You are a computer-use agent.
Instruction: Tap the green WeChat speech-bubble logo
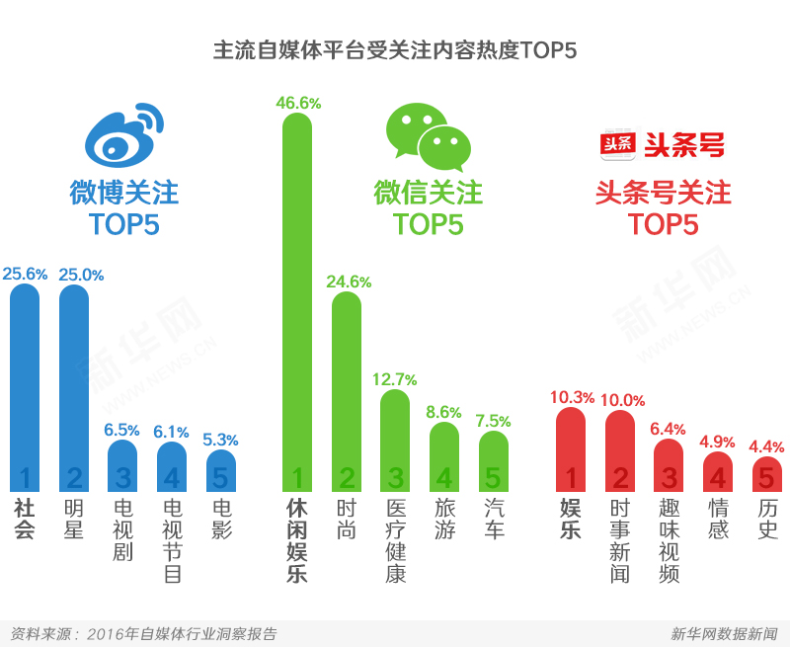coord(428,137)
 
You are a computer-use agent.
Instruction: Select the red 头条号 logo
coord(663,145)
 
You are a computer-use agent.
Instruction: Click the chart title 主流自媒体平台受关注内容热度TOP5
coord(395,50)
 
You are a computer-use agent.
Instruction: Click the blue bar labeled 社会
coord(25,385)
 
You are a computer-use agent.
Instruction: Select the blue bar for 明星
coord(74,385)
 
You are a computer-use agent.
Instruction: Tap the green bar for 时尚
coord(347,390)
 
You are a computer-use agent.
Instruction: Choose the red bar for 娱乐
coord(571,449)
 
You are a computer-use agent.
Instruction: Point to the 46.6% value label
coord(297,102)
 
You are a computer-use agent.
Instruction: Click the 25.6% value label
coord(25,274)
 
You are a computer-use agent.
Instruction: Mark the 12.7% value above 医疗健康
coord(395,378)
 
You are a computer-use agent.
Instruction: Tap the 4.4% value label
coord(767,445)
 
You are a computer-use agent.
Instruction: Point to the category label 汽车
coord(494,519)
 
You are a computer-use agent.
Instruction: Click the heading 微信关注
coord(428,192)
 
